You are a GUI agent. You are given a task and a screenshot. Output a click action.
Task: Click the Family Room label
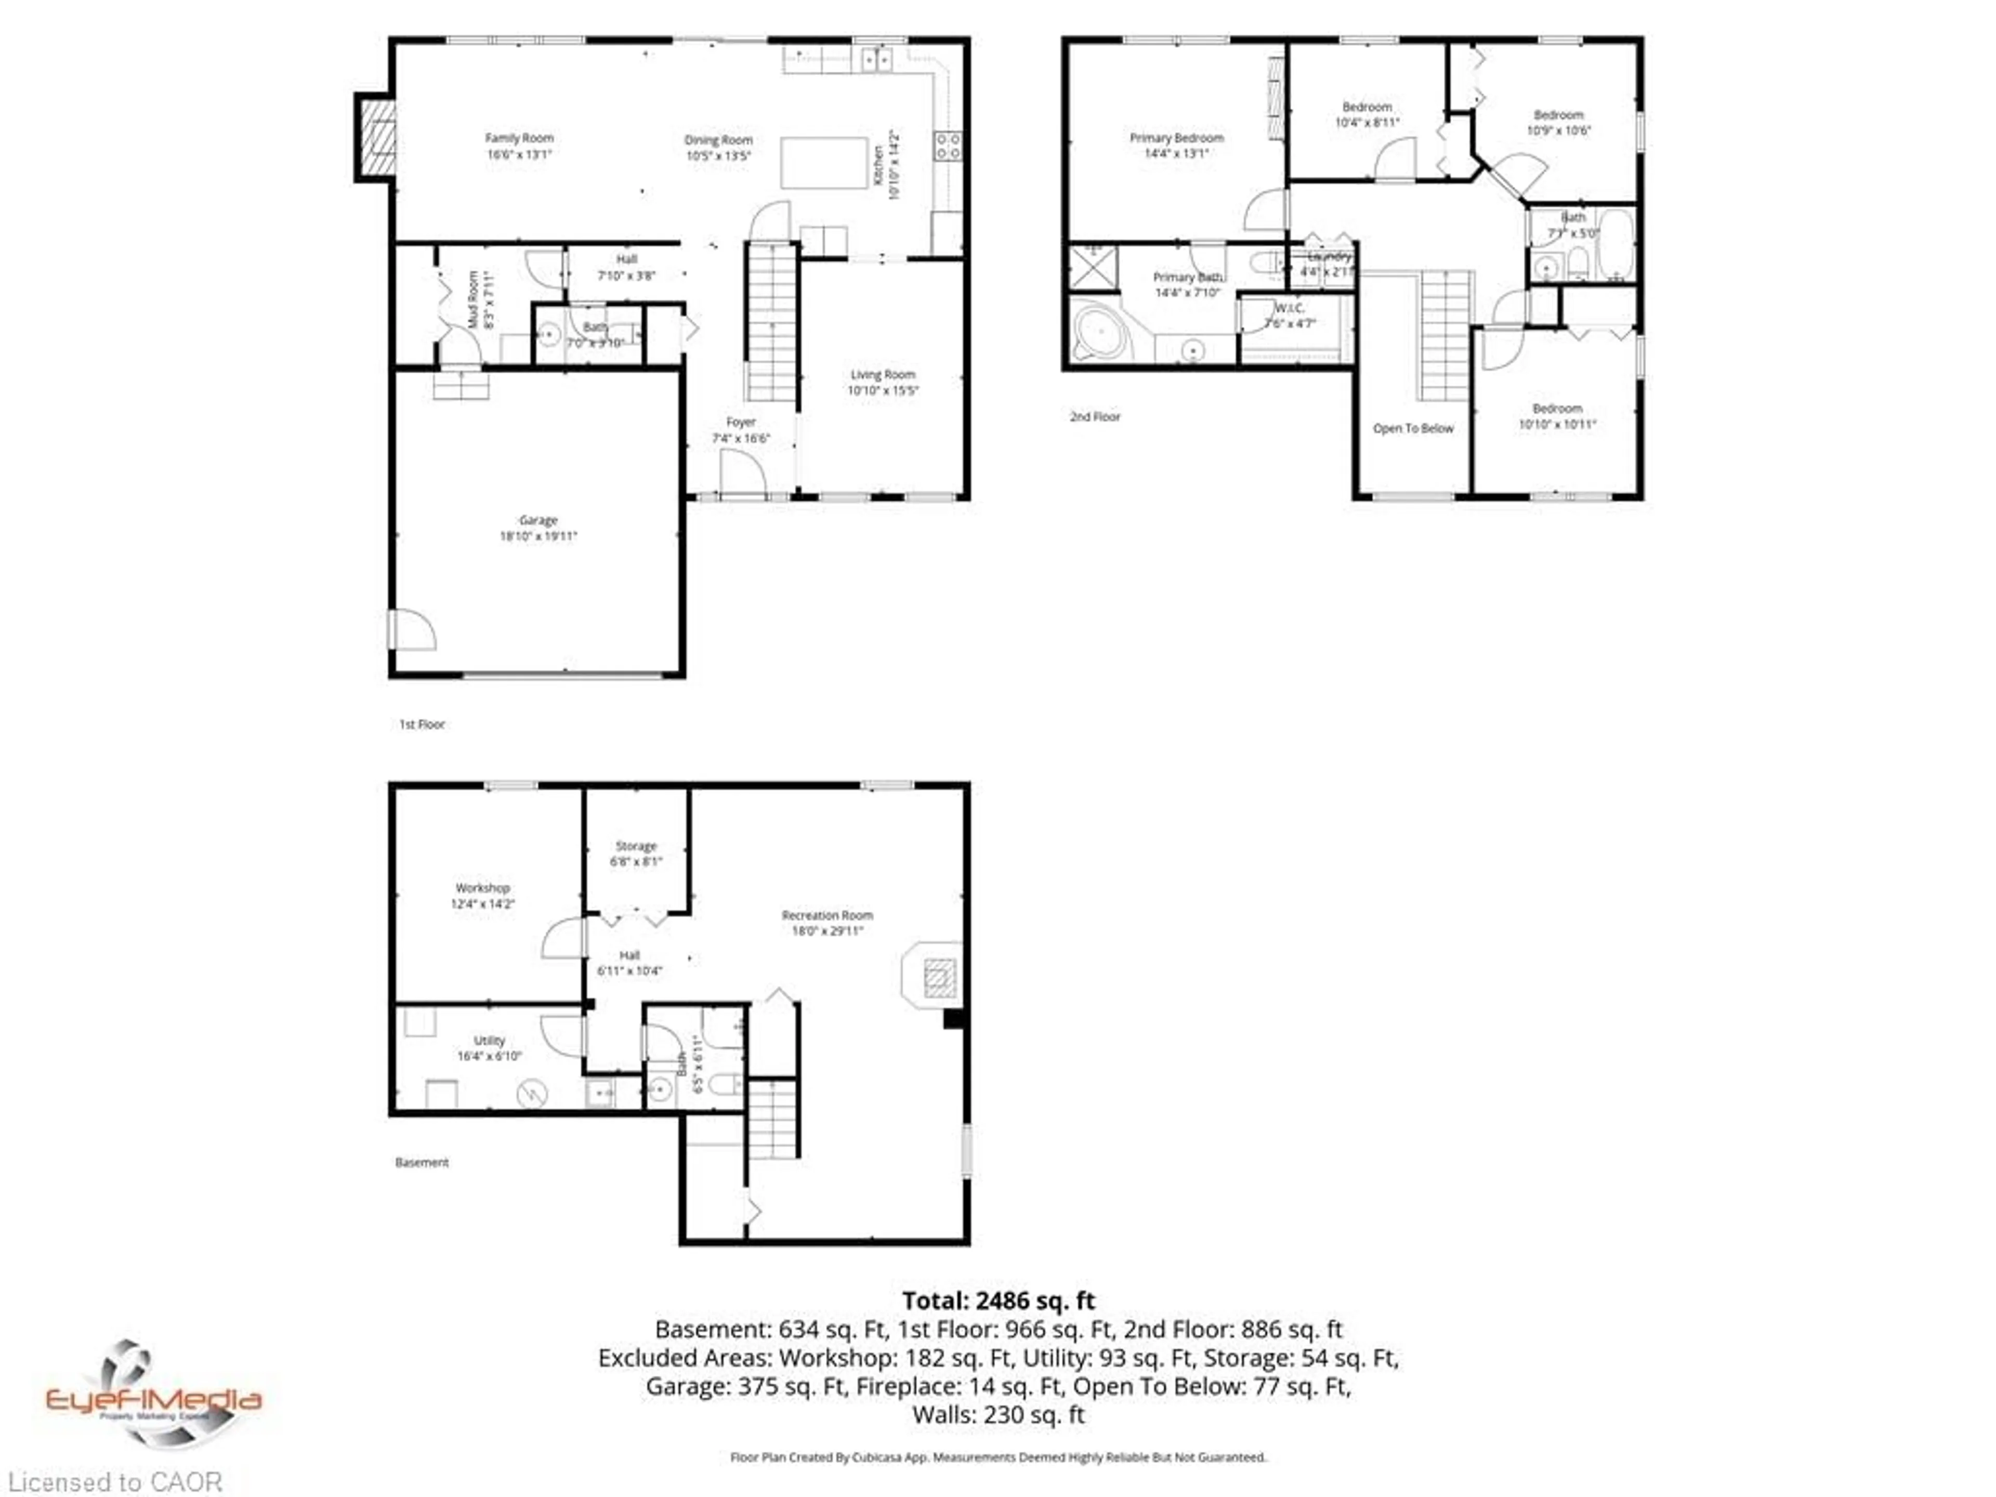click(519, 138)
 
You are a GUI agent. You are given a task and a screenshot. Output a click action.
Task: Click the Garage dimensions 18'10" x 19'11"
click(538, 536)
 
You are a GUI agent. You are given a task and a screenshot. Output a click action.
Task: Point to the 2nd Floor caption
click(1095, 417)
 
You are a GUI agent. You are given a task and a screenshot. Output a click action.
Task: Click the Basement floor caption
click(422, 1162)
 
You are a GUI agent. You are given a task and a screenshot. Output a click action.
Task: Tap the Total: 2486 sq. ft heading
click(998, 1301)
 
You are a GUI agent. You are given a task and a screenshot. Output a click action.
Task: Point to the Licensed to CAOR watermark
click(114, 1481)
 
